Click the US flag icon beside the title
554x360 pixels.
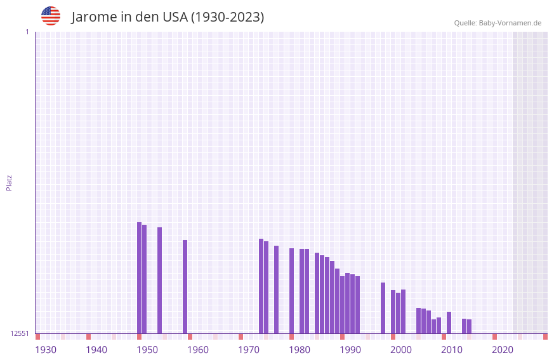click(51, 16)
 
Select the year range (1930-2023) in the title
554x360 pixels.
click(227, 17)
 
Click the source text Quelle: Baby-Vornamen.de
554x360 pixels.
click(498, 23)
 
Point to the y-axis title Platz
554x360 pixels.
click(9, 182)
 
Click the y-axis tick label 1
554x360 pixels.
click(27, 32)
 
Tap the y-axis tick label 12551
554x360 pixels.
click(20, 333)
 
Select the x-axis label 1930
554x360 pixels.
click(46, 350)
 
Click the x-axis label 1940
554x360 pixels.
click(96, 350)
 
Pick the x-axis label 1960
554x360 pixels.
click(198, 350)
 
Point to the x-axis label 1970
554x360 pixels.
click(249, 350)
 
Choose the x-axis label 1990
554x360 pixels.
click(350, 350)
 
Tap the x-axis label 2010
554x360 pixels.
click(452, 350)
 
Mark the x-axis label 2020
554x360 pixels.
click(503, 350)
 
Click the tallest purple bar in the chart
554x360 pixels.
click(140, 277)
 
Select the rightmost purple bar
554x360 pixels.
click(470, 326)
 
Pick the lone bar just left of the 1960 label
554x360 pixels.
click(185, 286)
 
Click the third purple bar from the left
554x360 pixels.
click(160, 280)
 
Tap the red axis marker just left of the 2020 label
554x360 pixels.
click(495, 337)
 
